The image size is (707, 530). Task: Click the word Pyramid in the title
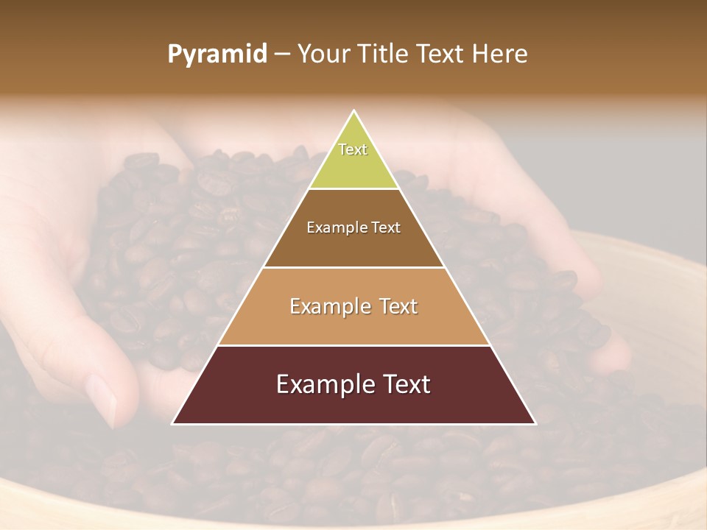(217, 54)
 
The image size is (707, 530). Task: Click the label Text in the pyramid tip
(353, 149)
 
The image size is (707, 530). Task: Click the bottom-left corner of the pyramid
(173, 423)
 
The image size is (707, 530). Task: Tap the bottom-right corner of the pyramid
(535, 423)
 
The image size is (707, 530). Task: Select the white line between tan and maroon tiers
(353, 345)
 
